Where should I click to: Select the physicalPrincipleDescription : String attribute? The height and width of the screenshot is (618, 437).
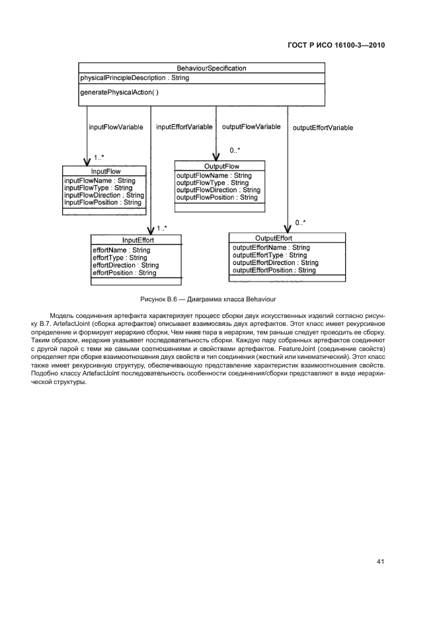[134, 78]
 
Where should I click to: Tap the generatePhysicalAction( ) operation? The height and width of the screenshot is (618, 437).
[119, 93]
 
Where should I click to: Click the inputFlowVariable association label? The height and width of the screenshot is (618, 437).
[116, 127]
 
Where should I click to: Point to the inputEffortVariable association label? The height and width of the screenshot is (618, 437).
[184, 127]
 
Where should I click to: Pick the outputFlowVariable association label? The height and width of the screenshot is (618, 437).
[251, 126]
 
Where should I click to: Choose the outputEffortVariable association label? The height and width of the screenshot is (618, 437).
[323, 128]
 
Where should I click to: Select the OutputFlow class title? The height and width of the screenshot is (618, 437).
[221, 166]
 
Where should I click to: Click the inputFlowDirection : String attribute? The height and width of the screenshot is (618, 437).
[104, 195]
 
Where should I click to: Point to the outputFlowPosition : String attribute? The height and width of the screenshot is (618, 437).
[217, 197]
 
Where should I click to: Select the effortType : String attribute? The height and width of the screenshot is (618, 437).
[120, 258]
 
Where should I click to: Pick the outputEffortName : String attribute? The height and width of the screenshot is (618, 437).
[271, 248]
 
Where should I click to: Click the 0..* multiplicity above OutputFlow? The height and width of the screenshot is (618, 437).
[235, 150]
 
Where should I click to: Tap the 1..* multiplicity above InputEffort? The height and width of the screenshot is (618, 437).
[162, 228]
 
